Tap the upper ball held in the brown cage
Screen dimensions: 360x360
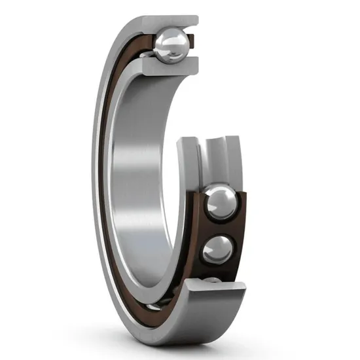point(217,204)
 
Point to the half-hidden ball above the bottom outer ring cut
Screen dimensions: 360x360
point(213,280)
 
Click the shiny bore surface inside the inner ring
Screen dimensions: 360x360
point(141,164)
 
